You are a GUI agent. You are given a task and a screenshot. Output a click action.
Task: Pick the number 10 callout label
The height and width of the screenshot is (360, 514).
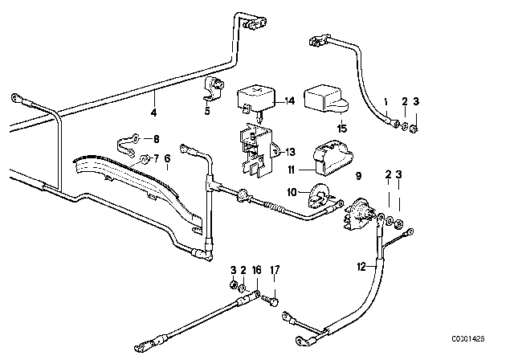pos(292,190)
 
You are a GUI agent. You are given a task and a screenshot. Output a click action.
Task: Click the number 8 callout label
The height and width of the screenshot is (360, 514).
pos(157,138)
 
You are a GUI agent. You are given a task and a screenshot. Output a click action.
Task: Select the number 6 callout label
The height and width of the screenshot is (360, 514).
pos(167,159)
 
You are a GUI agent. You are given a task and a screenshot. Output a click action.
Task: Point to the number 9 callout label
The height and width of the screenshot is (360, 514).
pos(358,174)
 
